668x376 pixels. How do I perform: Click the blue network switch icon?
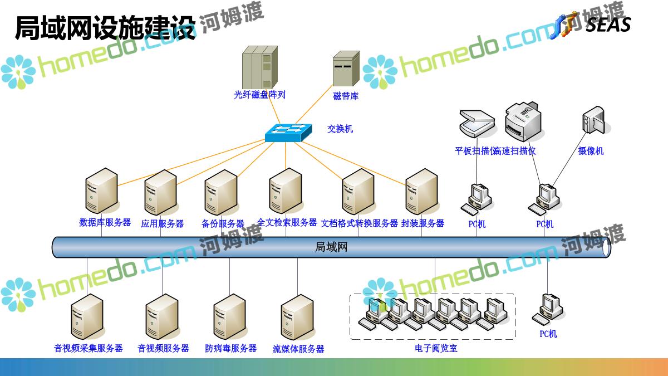(x=285, y=131)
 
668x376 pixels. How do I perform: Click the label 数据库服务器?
(x=105, y=222)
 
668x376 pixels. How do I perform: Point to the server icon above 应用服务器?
(x=160, y=192)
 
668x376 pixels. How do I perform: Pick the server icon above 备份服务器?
(x=221, y=192)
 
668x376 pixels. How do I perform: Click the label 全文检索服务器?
(x=287, y=222)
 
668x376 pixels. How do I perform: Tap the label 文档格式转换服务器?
(x=360, y=223)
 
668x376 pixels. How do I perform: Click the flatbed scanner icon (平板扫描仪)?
(x=477, y=123)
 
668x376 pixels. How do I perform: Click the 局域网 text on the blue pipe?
(x=331, y=247)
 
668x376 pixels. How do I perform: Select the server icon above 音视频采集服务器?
(x=87, y=317)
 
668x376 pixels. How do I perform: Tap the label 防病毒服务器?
(x=230, y=348)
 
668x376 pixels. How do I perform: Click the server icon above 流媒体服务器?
(x=298, y=317)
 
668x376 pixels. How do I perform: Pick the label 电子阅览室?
(x=436, y=349)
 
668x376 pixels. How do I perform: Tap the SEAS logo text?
(x=608, y=25)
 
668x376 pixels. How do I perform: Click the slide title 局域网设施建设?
(x=106, y=28)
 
